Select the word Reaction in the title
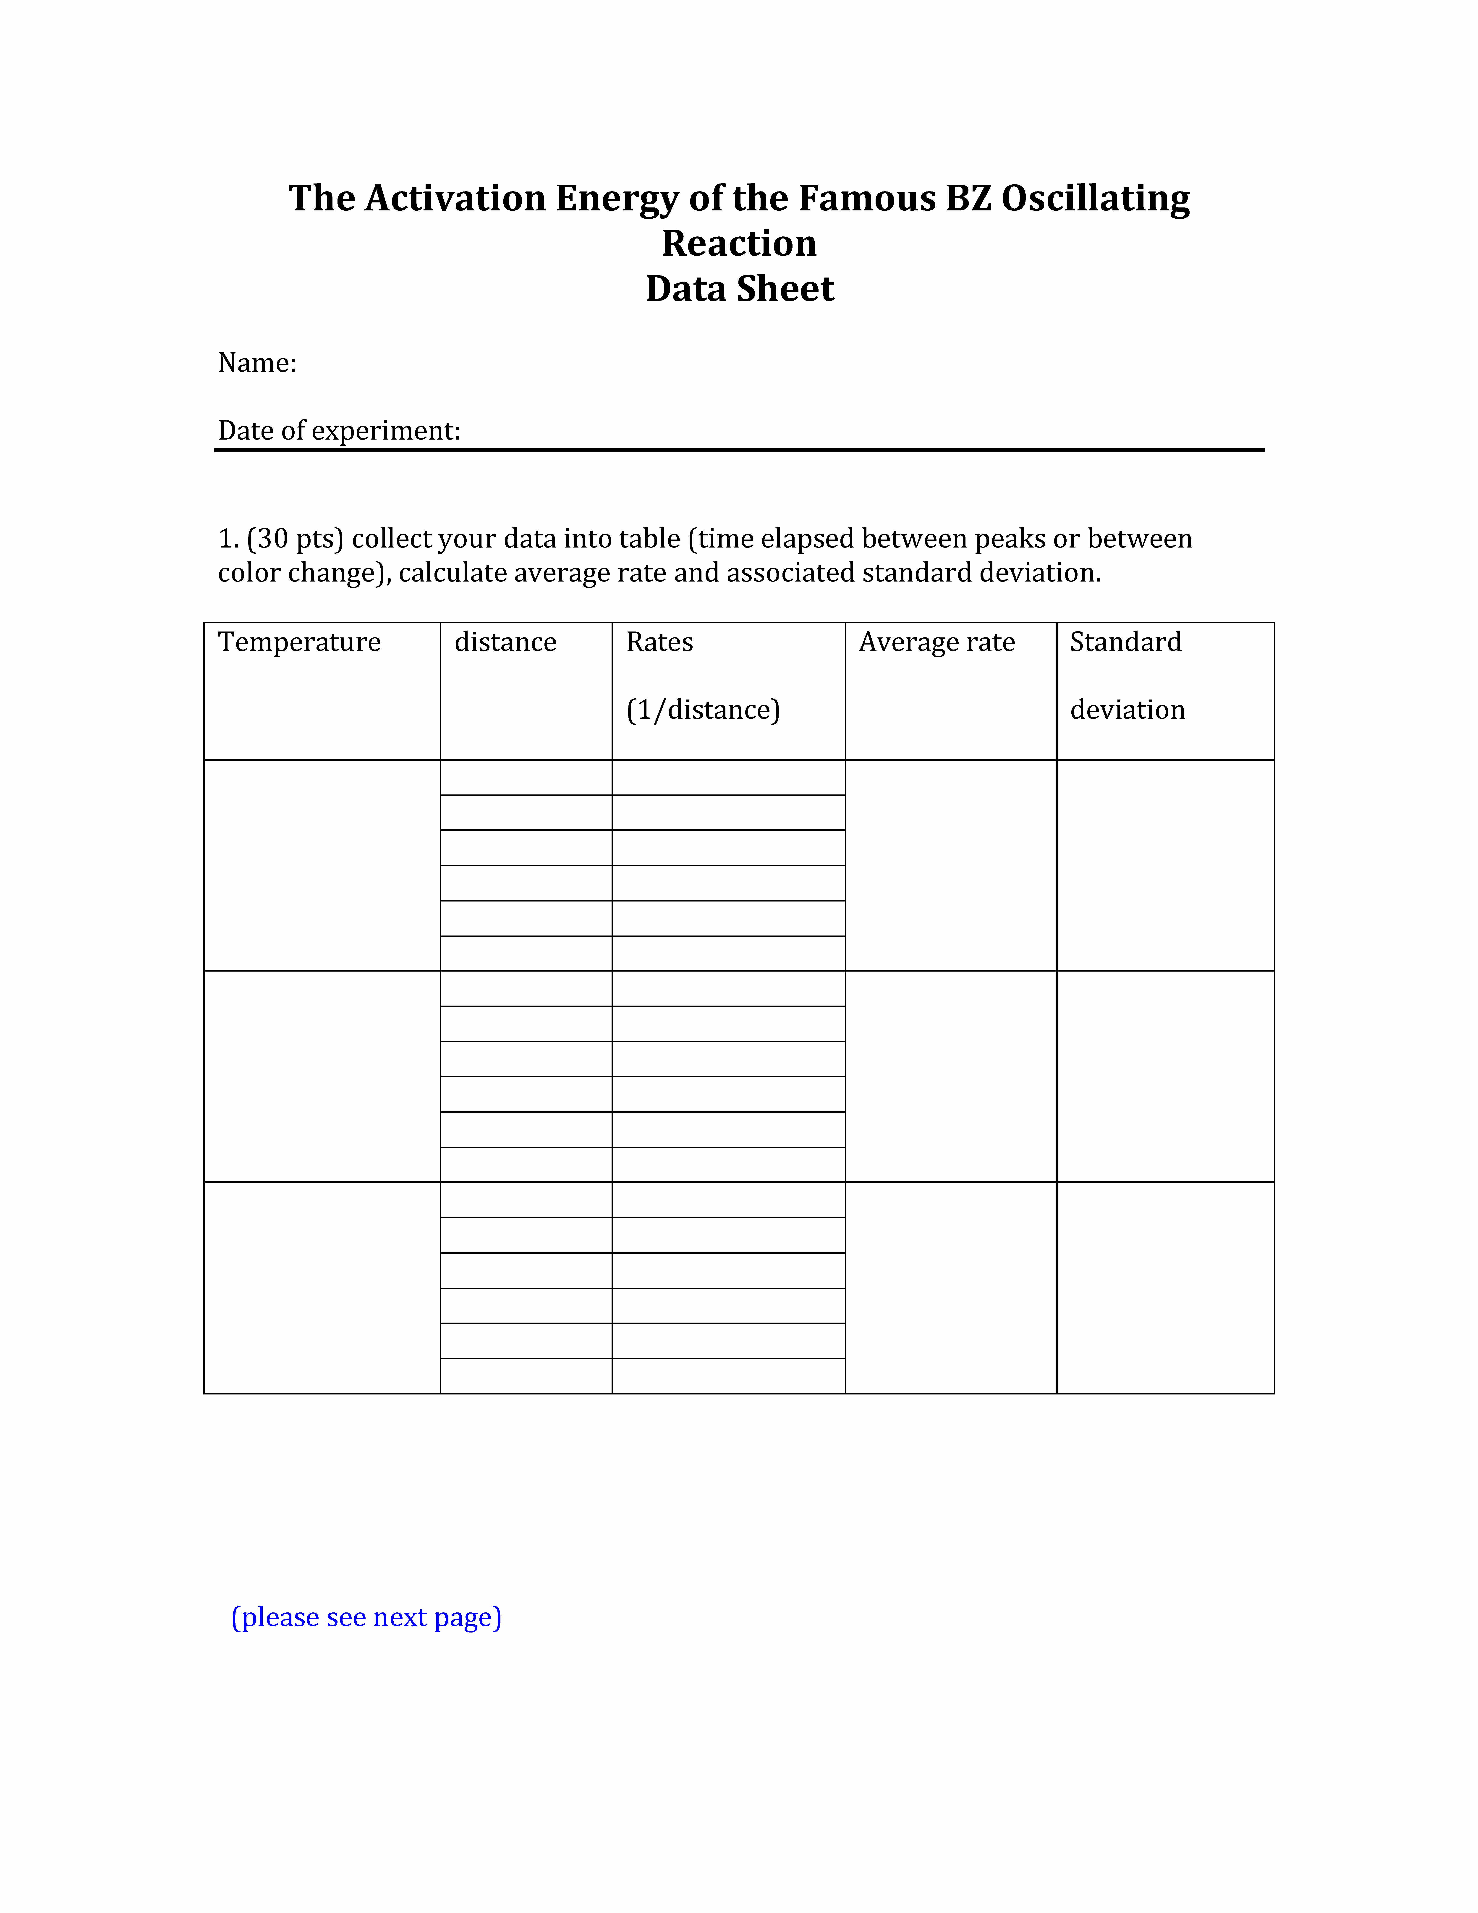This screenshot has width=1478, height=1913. tap(739, 244)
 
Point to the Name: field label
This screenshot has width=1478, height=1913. tap(257, 363)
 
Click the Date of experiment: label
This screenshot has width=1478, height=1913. tap(339, 430)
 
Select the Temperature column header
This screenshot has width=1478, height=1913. tap(299, 642)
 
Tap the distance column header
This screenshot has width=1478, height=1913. tap(505, 642)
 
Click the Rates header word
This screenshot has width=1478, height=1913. tap(659, 642)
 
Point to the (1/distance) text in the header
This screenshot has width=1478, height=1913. tap(703, 710)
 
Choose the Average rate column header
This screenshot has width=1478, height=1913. tap(937, 642)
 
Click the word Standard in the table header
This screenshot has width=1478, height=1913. tap(1126, 642)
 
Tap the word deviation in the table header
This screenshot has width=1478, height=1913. tap(1128, 710)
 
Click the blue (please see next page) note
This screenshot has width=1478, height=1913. tap(366, 1617)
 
